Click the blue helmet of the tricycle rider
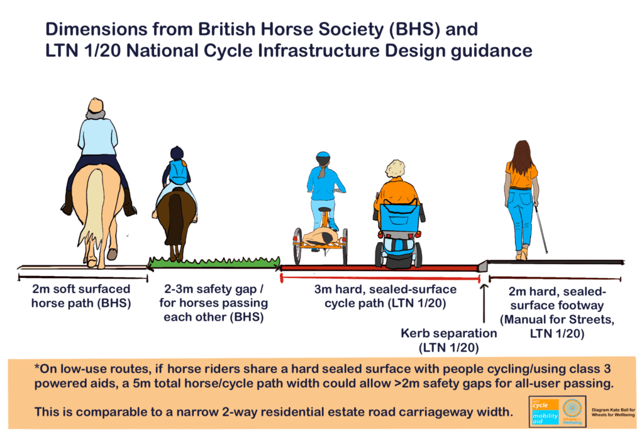(323, 156)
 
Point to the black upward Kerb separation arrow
(483, 302)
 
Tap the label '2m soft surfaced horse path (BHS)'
(82, 296)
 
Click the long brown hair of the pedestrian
(519, 157)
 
